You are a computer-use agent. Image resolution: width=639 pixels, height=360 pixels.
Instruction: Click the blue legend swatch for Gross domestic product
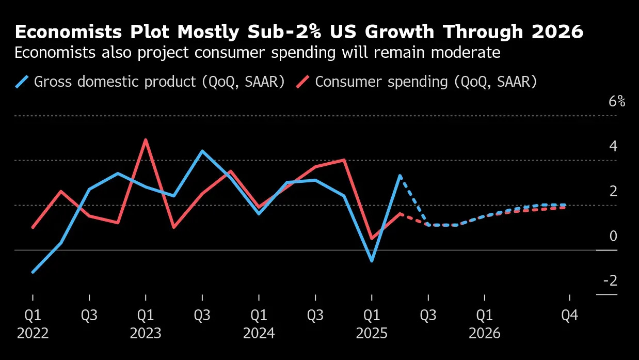[22, 82]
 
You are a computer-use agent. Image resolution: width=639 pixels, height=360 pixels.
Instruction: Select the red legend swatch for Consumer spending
[303, 82]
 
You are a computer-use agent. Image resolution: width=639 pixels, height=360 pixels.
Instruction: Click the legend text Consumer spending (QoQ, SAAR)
[426, 82]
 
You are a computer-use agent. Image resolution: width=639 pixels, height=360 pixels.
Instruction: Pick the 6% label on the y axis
[617, 101]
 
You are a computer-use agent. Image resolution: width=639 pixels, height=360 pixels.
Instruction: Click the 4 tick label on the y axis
[613, 146]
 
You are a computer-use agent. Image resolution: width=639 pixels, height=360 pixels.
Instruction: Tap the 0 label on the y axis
[613, 236]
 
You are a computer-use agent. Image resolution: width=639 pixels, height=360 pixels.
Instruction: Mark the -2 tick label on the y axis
[610, 281]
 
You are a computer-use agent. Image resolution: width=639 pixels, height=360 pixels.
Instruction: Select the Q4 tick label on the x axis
[569, 315]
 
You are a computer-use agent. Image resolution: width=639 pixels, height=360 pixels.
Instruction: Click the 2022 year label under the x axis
[33, 334]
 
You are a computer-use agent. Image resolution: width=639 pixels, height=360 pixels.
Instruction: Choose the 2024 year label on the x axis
[259, 334]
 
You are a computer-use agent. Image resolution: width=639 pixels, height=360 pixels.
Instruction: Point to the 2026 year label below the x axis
[485, 334]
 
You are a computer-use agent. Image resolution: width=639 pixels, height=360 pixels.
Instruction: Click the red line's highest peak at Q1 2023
[146, 140]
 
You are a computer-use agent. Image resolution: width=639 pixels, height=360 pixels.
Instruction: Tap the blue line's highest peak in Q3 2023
[202, 151]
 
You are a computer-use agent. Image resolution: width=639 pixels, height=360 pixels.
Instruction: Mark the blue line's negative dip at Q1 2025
[372, 261]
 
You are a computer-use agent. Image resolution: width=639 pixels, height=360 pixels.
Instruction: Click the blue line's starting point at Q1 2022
[33, 272]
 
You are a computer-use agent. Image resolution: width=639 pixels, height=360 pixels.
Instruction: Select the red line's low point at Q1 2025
[372, 238]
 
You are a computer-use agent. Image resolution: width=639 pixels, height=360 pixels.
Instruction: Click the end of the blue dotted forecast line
[566, 205]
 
